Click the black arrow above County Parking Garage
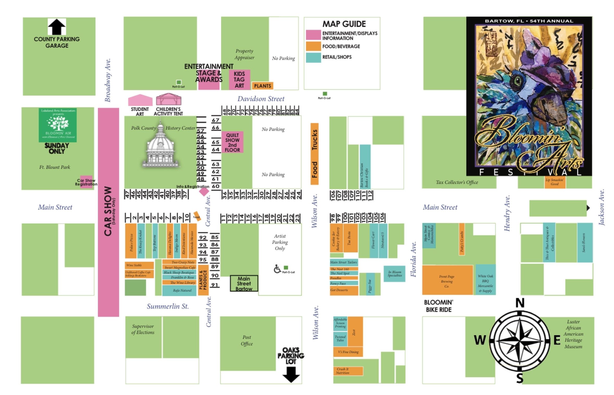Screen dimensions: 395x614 57,27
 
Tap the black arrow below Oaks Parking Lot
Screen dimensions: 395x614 291,374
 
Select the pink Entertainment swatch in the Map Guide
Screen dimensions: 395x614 313,35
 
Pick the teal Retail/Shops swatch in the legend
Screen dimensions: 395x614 313,57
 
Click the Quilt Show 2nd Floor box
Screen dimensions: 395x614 232,142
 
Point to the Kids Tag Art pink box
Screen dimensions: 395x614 239,80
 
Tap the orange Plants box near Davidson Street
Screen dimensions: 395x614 262,86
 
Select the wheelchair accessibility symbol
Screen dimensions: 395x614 277,269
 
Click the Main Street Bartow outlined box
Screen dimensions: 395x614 244,283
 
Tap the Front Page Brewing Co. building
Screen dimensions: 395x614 447,280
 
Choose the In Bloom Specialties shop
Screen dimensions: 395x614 394,274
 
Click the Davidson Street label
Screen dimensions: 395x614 261,99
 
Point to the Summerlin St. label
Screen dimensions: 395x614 168,306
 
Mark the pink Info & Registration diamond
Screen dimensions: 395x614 204,192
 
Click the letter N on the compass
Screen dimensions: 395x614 520,303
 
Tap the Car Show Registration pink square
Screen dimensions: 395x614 86,182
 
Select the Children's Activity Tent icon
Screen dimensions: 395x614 168,99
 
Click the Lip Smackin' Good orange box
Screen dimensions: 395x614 555,182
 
